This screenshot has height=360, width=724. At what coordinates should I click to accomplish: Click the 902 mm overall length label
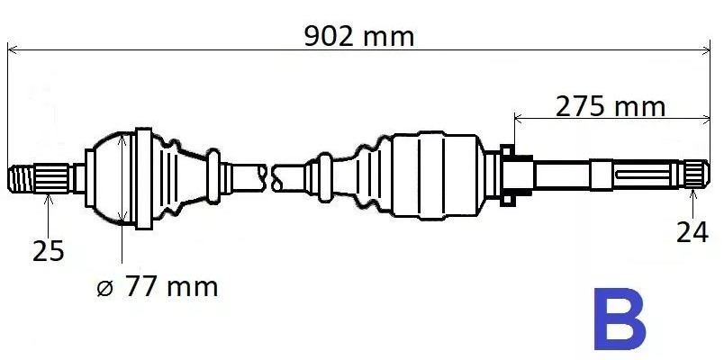[359, 37]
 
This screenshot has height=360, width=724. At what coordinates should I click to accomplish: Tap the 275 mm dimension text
[610, 106]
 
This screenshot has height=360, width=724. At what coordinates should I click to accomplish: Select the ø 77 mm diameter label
[157, 287]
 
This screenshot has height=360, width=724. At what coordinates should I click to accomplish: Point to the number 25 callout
[49, 251]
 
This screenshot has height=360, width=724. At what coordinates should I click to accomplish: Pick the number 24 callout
[692, 232]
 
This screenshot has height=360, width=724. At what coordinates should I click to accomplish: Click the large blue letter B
[619, 319]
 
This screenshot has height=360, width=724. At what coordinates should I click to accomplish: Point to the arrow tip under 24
[692, 191]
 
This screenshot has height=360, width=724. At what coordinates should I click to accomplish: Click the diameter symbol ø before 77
[104, 288]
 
